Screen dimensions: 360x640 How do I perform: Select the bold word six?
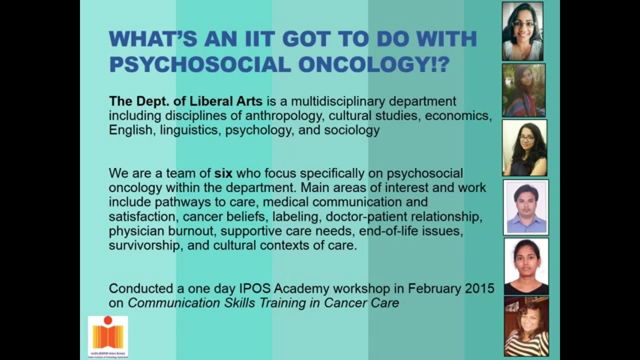point(223,173)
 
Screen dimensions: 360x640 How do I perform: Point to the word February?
point(433,288)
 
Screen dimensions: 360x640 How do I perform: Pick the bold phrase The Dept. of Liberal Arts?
point(185,101)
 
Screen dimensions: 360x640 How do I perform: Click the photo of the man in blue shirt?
point(526,207)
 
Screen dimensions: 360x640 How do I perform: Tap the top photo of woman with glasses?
point(522,31)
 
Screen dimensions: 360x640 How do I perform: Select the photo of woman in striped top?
point(526,326)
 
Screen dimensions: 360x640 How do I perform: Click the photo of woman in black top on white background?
point(526,266)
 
